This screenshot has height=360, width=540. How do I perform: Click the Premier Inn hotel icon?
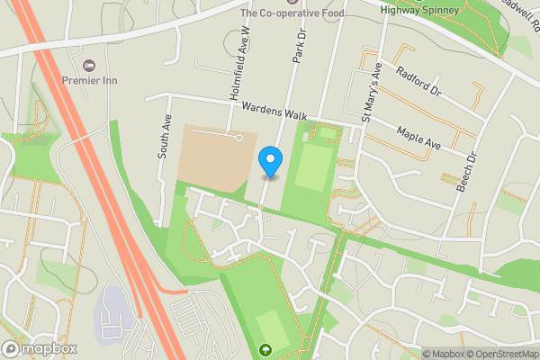point(88,65)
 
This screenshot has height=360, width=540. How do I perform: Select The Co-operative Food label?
point(292,13)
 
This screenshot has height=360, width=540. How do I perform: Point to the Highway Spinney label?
point(420,10)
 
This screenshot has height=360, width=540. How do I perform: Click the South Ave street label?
point(165,138)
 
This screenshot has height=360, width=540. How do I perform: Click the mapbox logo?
point(40,348)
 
